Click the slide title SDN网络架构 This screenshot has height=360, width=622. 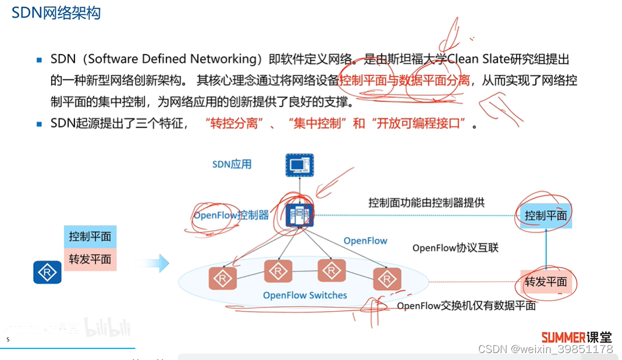pyautogui.click(x=56, y=13)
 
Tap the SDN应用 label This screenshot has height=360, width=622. pyautogui.click(x=232, y=164)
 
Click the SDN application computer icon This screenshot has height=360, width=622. pyautogui.click(x=300, y=165)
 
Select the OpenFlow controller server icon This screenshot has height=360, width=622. pyautogui.click(x=300, y=215)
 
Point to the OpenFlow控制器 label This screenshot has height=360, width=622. pyautogui.click(x=231, y=215)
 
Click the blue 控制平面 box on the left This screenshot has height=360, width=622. pyautogui.click(x=90, y=237)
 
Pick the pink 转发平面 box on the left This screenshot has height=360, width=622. pyautogui.click(x=90, y=259)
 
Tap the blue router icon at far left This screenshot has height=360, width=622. pyautogui.click(x=47, y=272)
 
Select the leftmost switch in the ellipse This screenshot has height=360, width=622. pyautogui.click(x=223, y=279)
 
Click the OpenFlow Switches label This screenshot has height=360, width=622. pyautogui.click(x=305, y=295)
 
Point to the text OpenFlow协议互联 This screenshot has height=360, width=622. pyautogui.click(x=455, y=248)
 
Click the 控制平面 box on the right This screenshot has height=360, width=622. pyautogui.click(x=546, y=216)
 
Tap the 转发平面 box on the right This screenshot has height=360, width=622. pyautogui.click(x=546, y=282)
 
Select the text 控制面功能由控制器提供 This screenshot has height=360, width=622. pyautogui.click(x=426, y=203)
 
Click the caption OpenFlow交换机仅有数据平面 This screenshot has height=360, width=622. pyautogui.click(x=466, y=306)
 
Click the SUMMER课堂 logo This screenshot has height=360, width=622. pyautogui.click(x=577, y=337)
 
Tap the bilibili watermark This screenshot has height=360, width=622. pyautogui.click(x=108, y=328)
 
